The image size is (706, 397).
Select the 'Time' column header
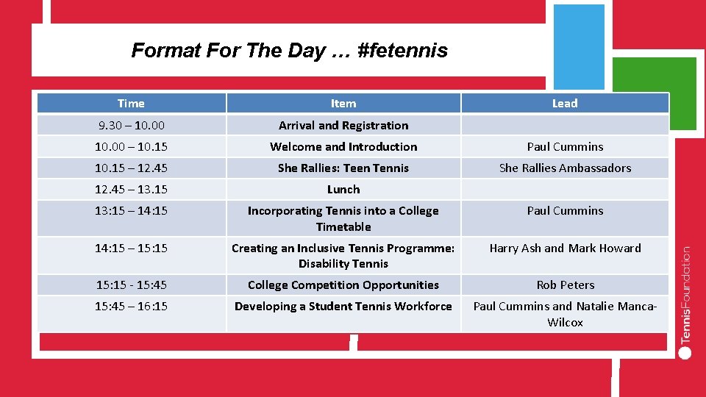(x=131, y=104)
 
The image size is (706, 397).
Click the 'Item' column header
(x=343, y=104)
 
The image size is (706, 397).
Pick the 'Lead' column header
(x=565, y=104)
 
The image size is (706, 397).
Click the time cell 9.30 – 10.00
(x=131, y=126)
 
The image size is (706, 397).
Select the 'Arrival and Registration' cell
(x=343, y=126)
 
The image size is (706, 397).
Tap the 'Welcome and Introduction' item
(x=343, y=147)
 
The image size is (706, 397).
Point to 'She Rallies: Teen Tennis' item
(x=343, y=168)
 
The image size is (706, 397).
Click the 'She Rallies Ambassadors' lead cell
(x=565, y=168)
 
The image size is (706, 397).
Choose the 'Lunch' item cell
(x=343, y=190)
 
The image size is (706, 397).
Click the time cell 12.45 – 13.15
(x=131, y=190)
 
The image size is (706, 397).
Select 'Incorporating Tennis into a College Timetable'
(x=343, y=218)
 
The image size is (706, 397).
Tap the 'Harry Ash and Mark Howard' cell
(x=565, y=248)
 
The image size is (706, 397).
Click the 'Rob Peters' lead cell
(x=565, y=285)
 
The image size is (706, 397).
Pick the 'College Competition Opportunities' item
(x=343, y=285)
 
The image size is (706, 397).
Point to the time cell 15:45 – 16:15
(x=131, y=307)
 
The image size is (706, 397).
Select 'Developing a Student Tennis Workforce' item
(x=343, y=307)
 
